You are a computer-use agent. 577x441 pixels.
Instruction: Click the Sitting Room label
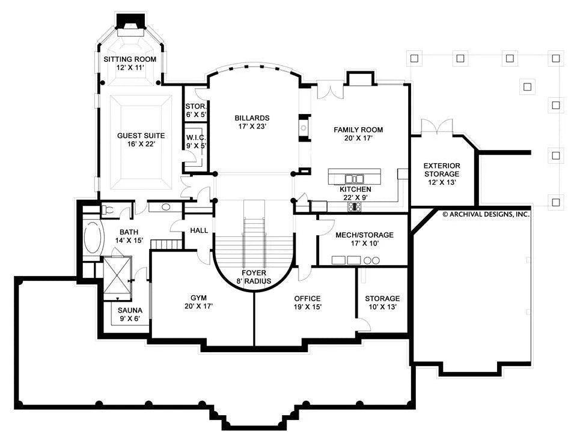tap(130, 59)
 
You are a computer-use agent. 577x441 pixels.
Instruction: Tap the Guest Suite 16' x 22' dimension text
tap(141, 144)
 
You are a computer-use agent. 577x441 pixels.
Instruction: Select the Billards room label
tap(252, 118)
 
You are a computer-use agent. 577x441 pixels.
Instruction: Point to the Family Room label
tap(358, 130)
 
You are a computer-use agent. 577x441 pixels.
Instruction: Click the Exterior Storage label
tap(442, 170)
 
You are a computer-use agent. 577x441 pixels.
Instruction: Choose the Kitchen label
tap(355, 189)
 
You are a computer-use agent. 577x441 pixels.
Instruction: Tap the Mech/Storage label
tap(364, 235)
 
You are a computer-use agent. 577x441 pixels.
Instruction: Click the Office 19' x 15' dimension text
tap(308, 307)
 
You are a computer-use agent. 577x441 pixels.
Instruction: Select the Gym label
tap(199, 298)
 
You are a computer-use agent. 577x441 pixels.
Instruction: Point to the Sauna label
tap(130, 311)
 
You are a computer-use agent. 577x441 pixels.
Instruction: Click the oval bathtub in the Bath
tap(92, 237)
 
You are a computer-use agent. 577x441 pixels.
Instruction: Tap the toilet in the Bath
tap(108, 210)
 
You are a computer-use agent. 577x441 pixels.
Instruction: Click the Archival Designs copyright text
tap(486, 214)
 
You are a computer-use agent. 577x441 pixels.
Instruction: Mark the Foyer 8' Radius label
tap(254, 277)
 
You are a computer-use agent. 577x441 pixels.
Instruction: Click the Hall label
tap(199, 231)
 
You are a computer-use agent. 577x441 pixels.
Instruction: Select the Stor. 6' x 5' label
tap(196, 110)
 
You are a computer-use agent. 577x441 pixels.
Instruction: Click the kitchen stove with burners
tap(355, 207)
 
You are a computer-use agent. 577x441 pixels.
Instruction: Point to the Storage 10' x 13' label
tap(382, 302)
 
